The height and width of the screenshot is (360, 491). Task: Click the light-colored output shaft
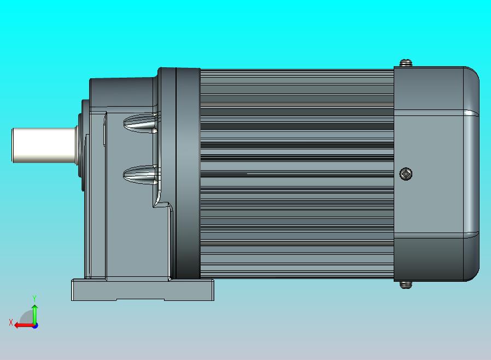coord(44,146)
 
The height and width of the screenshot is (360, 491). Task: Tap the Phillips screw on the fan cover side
coord(406,174)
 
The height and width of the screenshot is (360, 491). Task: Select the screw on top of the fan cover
coord(405,63)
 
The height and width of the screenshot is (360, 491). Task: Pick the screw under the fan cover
coord(405,284)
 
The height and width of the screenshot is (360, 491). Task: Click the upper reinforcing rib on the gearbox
coord(140,123)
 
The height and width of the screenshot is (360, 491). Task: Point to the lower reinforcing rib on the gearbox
coord(140,175)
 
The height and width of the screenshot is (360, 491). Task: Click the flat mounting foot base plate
coord(142,289)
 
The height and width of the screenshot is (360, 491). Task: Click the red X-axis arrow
coord(22,325)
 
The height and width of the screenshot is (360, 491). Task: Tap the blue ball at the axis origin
coord(35,326)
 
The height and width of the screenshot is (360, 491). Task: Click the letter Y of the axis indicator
coord(34,298)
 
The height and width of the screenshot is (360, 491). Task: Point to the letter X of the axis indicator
coord(10,322)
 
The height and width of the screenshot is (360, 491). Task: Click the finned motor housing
coord(295,172)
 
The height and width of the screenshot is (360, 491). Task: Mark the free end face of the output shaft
coord(13,146)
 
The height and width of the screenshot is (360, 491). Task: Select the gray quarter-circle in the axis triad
coord(27,318)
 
